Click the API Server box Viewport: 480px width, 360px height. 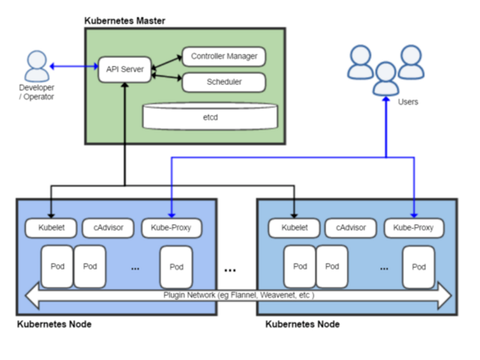(125, 70)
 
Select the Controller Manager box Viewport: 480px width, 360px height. (224, 56)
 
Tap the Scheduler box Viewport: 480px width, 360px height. (224, 82)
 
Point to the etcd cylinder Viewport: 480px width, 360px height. (211, 116)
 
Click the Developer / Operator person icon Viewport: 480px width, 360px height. (37, 66)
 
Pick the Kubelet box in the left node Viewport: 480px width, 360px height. (51, 228)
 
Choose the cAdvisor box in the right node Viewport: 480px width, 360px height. (351, 228)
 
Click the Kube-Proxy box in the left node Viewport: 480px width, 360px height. (172, 228)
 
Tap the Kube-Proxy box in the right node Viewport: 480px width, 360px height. (414, 228)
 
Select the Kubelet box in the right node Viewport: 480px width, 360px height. (294, 228)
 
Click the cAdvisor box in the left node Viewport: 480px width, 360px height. (108, 228)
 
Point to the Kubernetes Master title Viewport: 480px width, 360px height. (125, 21)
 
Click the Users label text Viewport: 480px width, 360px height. (408, 102)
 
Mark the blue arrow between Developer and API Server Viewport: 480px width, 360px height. (74, 66)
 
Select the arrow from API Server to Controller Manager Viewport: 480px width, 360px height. (167, 62)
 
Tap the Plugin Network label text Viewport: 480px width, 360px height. (238, 295)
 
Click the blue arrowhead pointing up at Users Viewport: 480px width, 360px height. (386, 100)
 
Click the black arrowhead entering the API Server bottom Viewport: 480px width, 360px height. (125, 85)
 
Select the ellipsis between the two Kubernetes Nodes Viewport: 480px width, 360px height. (230, 271)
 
